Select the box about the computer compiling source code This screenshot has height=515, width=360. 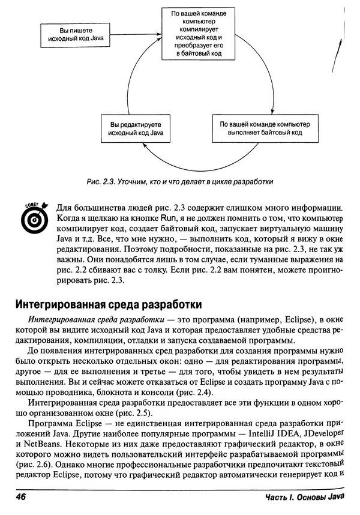tap(198, 33)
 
